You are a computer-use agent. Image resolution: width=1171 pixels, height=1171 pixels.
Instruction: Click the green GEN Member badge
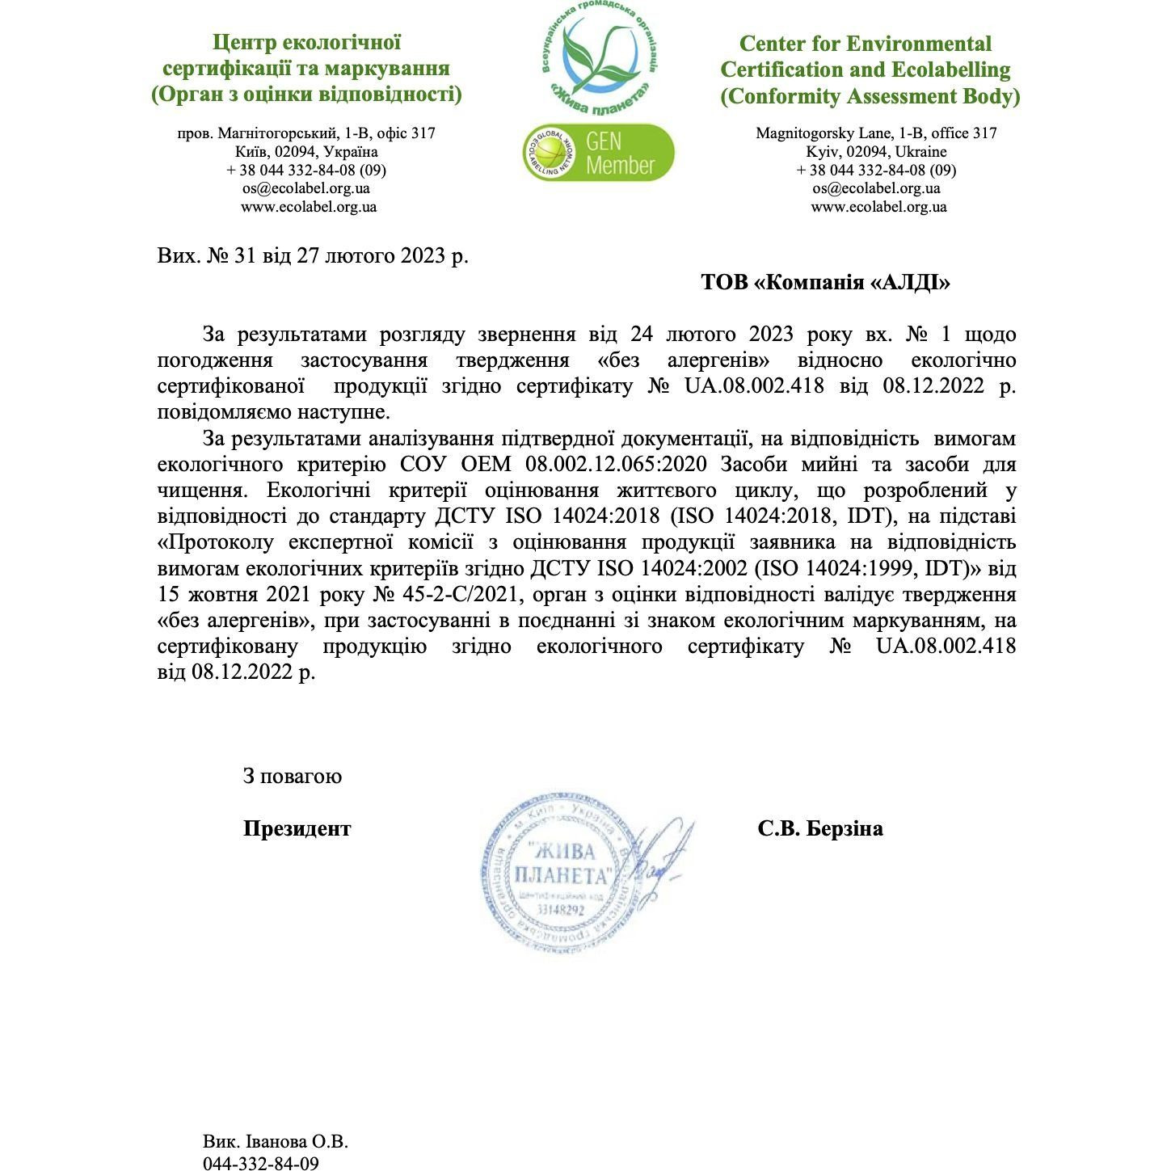[598, 153]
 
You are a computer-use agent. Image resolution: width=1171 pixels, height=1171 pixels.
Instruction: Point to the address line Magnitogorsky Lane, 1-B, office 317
[876, 133]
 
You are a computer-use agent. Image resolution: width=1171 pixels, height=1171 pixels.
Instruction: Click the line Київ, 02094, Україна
[306, 152]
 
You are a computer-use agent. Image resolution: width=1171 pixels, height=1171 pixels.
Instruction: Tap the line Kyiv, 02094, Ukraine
[876, 152]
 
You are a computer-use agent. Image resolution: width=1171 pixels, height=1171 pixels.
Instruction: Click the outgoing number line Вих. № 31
[312, 256]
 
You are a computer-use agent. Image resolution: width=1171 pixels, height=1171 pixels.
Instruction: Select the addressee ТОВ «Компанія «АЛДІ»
[825, 283]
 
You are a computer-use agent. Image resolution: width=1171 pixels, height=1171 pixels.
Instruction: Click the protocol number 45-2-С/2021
[446, 596]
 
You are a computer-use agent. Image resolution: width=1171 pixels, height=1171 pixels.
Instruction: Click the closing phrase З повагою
[293, 777]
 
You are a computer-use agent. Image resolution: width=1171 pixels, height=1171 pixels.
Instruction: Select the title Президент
[297, 828]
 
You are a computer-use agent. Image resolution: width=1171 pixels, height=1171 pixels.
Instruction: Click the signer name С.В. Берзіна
[820, 828]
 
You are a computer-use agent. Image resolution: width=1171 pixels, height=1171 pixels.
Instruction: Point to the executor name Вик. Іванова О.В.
[276, 1143]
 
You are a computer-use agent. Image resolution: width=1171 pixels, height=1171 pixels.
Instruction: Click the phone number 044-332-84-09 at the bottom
[260, 1163]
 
